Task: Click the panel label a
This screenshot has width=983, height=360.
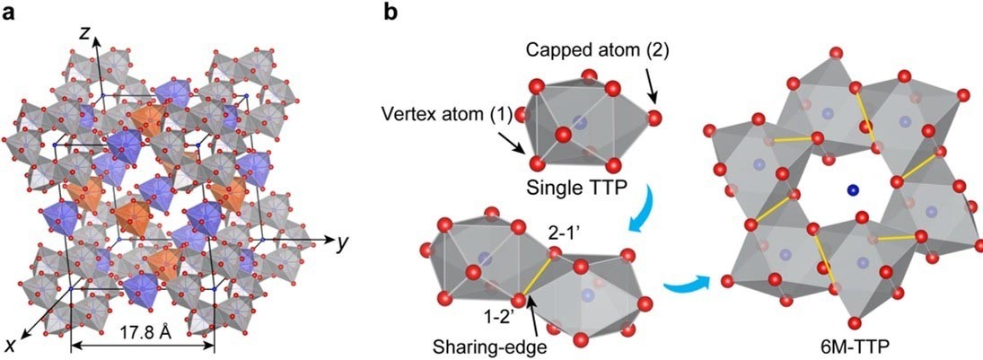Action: tap(9, 13)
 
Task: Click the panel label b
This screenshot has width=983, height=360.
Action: tap(390, 12)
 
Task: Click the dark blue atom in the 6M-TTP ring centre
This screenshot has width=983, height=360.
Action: tap(851, 189)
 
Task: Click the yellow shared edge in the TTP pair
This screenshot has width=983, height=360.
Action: tap(537, 276)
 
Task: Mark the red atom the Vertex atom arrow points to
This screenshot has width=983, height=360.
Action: tap(537, 164)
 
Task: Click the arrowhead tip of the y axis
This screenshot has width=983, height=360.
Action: tap(332, 240)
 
